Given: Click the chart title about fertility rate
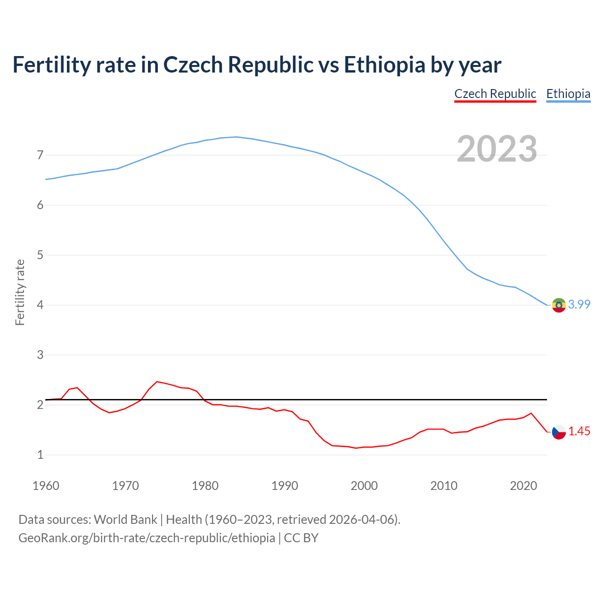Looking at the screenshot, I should (x=257, y=65).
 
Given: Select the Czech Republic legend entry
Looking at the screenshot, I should (x=495, y=94).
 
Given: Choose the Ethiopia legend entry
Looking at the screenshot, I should (x=568, y=94).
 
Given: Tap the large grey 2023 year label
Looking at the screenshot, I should (x=497, y=149).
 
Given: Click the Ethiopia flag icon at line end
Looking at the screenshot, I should (x=559, y=305).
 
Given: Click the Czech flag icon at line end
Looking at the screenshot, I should (x=559, y=432).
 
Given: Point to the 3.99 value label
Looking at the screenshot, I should (x=579, y=305).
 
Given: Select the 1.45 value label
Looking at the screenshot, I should (x=579, y=432).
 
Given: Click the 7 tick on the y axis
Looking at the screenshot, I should (x=40, y=155).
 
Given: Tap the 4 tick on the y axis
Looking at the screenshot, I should (x=40, y=305).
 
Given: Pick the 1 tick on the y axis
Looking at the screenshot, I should (x=40, y=455).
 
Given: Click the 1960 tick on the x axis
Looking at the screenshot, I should (x=46, y=486).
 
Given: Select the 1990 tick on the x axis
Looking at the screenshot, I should (x=285, y=486).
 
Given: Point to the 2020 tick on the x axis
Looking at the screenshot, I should (x=523, y=486).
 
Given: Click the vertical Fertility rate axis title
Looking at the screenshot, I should (x=20, y=292).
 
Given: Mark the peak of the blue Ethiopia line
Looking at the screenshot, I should (x=236, y=137).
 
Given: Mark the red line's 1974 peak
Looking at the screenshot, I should (x=157, y=382).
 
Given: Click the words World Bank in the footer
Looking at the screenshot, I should (x=125, y=520).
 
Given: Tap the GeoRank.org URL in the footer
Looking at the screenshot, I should (x=147, y=538).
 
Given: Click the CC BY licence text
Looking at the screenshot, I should (x=301, y=538).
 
